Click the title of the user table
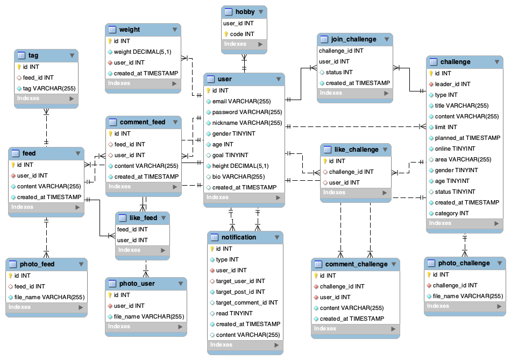(225, 79)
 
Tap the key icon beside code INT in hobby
(226, 34)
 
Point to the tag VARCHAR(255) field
(45, 88)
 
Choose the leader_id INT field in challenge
(452, 84)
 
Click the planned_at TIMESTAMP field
(467, 138)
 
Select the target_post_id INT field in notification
(240, 292)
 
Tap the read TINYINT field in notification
(234, 313)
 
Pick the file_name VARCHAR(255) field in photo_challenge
(467, 296)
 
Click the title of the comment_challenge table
(356, 264)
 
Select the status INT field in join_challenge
(339, 72)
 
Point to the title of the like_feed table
(143, 218)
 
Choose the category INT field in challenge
(452, 213)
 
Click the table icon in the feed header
(16, 153)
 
